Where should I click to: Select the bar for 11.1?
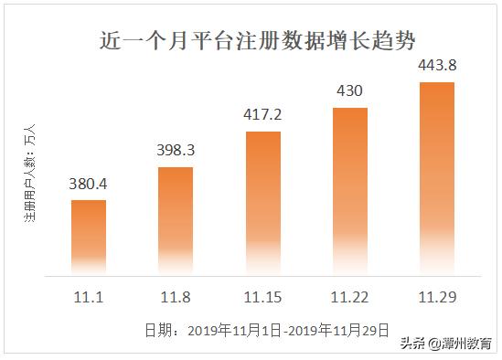(x=89, y=238)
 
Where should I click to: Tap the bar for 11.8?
(x=176, y=220)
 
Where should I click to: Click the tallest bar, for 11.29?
(x=436, y=178)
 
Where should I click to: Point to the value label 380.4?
(x=89, y=185)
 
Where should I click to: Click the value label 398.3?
(x=176, y=151)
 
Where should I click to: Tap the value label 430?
(x=349, y=92)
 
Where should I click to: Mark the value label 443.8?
(x=436, y=67)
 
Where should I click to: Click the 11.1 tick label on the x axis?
(x=89, y=297)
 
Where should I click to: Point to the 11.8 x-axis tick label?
(x=176, y=297)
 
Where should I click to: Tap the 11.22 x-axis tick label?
(x=349, y=297)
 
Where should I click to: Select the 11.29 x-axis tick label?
(x=436, y=297)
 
